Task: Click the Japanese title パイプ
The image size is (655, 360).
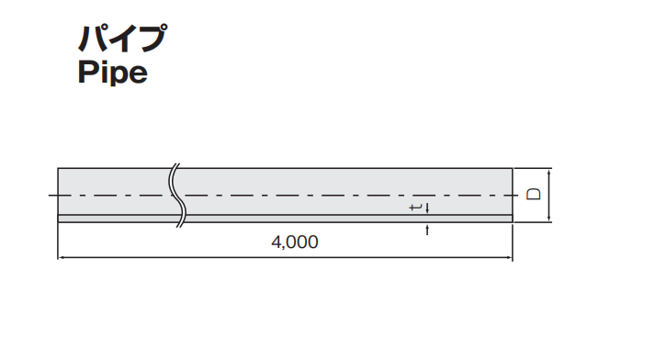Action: (x=123, y=38)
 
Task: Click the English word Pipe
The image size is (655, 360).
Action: (x=113, y=73)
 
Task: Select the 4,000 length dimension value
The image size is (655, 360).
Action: (x=295, y=242)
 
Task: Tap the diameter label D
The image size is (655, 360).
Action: (x=534, y=194)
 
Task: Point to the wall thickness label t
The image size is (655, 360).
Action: (x=415, y=208)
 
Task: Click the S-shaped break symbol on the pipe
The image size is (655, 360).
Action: (x=177, y=195)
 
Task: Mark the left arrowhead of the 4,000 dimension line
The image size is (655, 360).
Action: (x=61, y=258)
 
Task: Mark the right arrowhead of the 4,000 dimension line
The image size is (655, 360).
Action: (x=509, y=258)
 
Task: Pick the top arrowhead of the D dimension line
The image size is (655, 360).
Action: (x=549, y=171)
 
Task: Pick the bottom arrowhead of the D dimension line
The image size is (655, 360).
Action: (x=549, y=219)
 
